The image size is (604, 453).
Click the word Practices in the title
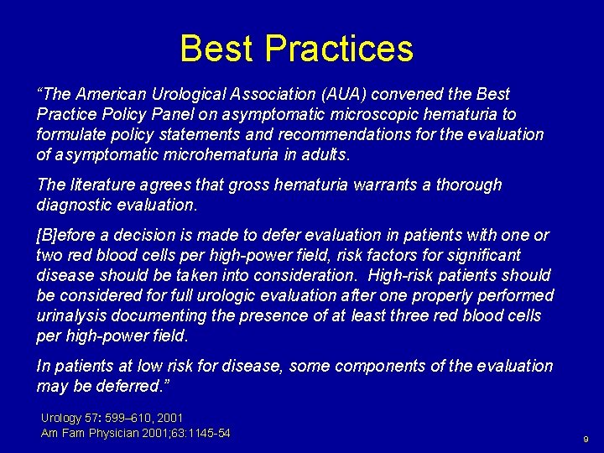point(339,49)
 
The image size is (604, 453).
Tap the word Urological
point(164,94)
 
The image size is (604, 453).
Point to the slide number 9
point(586,439)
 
